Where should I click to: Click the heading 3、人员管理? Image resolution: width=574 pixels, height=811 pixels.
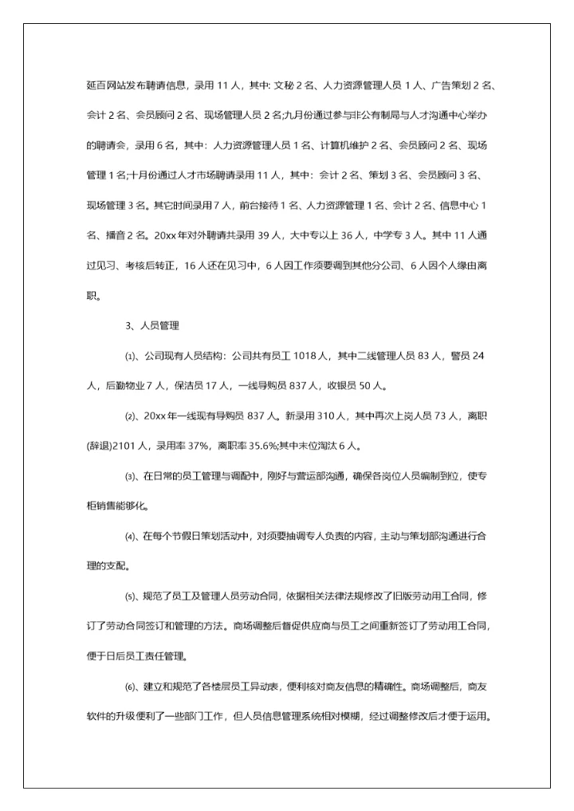click(x=152, y=325)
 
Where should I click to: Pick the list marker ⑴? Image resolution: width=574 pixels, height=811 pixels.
click(x=131, y=356)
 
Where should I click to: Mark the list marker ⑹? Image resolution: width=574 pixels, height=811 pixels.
click(x=131, y=687)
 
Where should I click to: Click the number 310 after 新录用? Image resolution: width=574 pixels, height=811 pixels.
click(x=323, y=415)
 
